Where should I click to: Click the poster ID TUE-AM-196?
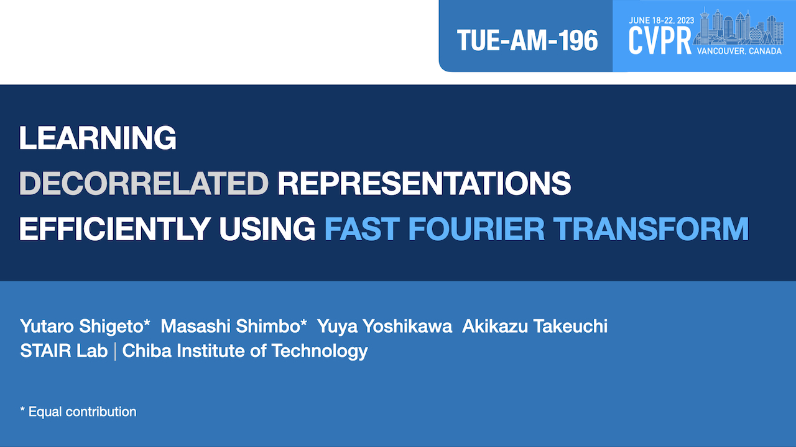click(x=527, y=40)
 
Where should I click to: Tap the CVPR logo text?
click(x=660, y=41)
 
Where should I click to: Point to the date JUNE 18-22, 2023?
click(x=661, y=20)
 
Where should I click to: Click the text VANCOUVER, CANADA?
click(x=739, y=51)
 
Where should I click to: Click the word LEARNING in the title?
click(x=98, y=138)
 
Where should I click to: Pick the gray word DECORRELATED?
click(x=144, y=183)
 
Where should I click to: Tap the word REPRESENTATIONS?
click(x=424, y=183)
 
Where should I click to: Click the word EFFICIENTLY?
click(x=115, y=229)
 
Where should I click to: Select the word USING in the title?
click(x=267, y=229)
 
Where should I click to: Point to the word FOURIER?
click(x=476, y=229)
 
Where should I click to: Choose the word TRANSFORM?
click(x=651, y=229)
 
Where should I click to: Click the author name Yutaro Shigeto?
click(x=85, y=327)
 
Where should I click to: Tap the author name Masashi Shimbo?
click(x=234, y=327)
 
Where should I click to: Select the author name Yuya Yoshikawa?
click(x=384, y=327)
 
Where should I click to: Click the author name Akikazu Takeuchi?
click(x=535, y=326)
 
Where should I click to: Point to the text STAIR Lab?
click(x=64, y=351)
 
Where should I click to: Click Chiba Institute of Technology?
click(x=245, y=351)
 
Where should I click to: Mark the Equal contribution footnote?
click(x=78, y=412)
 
